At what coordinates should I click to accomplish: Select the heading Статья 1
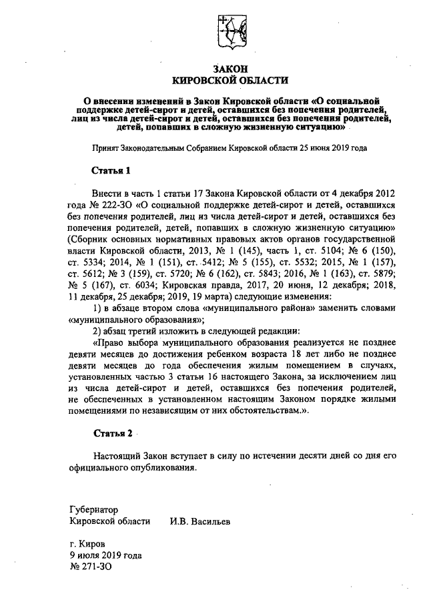point(111,171)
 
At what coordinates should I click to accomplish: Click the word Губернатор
point(93,508)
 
